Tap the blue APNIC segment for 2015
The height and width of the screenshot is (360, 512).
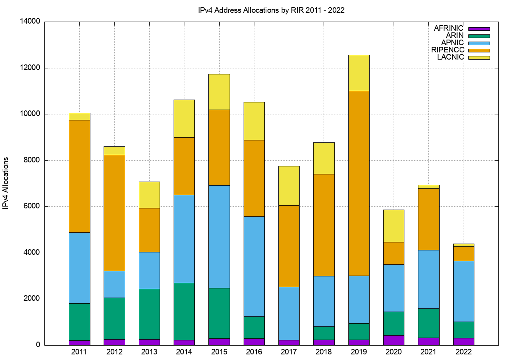219,236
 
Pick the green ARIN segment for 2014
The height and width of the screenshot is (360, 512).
184,311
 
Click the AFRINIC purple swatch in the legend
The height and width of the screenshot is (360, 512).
479,29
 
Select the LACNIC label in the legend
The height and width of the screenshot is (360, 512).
450,57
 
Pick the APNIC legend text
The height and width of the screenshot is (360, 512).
452,43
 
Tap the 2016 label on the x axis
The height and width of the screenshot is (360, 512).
254,352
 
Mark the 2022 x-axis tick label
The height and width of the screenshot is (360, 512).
464,352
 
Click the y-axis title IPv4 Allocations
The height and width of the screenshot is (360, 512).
6,183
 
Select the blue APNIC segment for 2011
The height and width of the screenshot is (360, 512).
79,268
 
